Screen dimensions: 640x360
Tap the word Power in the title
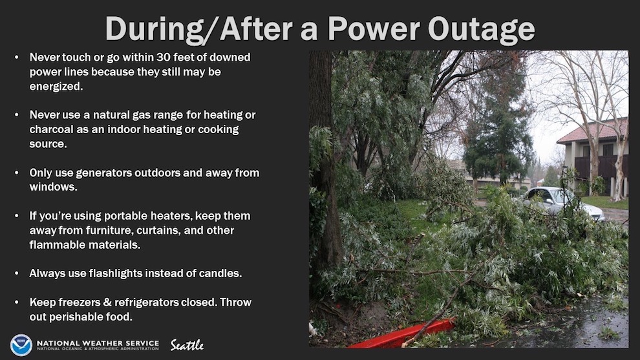374,28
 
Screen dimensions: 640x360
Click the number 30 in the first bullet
164,57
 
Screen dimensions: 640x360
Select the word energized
56,87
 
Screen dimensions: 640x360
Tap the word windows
53,187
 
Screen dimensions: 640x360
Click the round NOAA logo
21,345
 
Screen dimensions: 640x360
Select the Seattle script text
187,345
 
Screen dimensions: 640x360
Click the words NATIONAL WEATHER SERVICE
98,343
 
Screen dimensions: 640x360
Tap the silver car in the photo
562,202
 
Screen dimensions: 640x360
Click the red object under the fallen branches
402,334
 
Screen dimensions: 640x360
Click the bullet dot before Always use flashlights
17,273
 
